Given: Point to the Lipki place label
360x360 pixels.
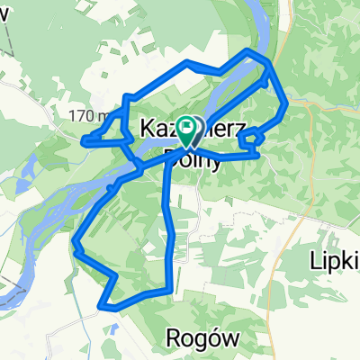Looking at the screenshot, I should [x=335, y=258].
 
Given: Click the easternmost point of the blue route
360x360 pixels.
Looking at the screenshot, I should [x=287, y=106].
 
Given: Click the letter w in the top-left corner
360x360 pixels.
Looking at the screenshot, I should [x=8, y=10].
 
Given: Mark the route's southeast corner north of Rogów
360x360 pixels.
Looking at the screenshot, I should [x=169, y=290].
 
